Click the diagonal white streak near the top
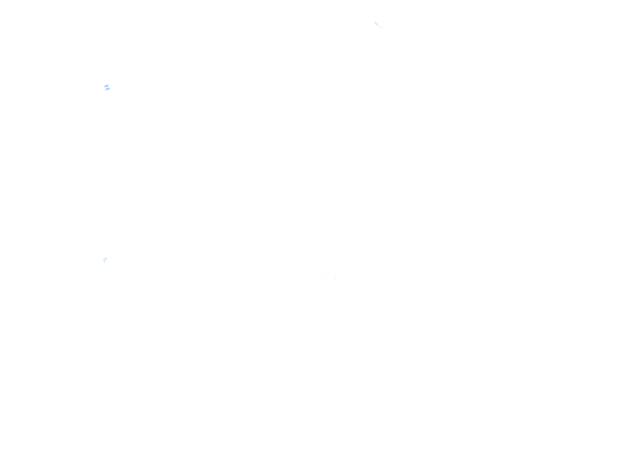[378, 25]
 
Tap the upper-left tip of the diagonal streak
[375, 22]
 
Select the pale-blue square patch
[107, 87]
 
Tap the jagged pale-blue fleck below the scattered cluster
[105, 260]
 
